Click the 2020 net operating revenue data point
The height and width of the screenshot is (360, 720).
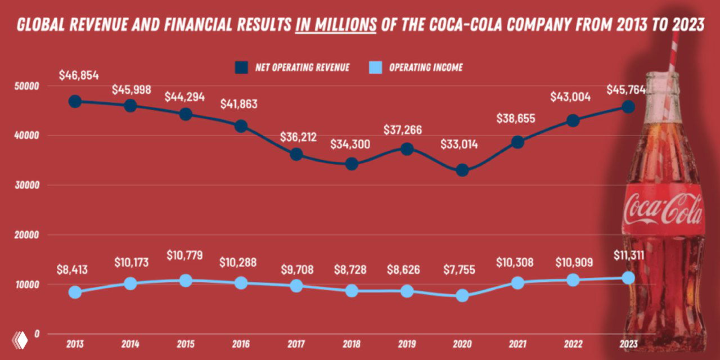(x=462, y=170)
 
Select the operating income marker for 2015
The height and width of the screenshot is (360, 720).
(x=186, y=280)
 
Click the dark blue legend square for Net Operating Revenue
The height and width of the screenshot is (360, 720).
(x=242, y=67)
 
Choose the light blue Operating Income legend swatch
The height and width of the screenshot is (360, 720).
(x=376, y=67)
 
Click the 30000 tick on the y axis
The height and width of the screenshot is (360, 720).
(x=27, y=185)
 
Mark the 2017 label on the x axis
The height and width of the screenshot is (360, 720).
(x=296, y=343)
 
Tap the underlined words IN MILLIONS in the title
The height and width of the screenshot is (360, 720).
(x=335, y=25)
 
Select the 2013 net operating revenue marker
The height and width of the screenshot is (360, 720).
(x=75, y=101)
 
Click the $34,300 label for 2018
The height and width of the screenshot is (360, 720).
(x=351, y=144)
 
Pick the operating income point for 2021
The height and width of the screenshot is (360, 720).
(x=517, y=283)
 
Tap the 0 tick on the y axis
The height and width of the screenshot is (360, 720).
(x=37, y=334)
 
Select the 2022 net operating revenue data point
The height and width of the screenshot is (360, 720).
(x=573, y=120)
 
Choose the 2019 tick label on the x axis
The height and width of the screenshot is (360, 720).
(x=407, y=343)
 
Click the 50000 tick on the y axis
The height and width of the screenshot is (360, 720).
(x=27, y=86)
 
